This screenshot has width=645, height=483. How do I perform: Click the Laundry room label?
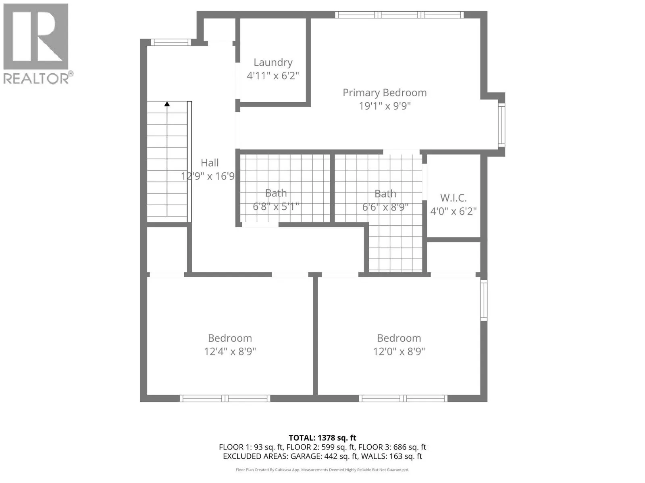273,62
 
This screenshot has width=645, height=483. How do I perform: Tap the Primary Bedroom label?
385,93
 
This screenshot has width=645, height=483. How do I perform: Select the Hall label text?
210,163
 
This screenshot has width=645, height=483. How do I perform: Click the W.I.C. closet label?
454,198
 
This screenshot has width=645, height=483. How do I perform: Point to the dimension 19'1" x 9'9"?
385,106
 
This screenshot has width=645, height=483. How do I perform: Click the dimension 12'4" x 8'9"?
230,351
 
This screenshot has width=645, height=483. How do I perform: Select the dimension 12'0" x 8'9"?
399,351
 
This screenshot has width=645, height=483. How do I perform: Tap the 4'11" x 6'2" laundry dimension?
273,76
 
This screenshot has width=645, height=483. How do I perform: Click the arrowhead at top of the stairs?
167,104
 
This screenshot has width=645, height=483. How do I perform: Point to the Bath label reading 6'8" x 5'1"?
276,193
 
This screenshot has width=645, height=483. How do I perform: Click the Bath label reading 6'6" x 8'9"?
385,194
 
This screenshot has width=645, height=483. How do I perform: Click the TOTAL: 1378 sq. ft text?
322,438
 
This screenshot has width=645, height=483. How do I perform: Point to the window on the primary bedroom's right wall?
501,125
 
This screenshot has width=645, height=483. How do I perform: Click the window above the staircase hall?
171,42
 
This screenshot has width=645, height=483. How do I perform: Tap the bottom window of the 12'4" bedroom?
225,398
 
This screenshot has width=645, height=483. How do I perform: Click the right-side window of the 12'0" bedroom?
484,300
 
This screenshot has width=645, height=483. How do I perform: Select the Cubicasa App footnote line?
322,470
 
